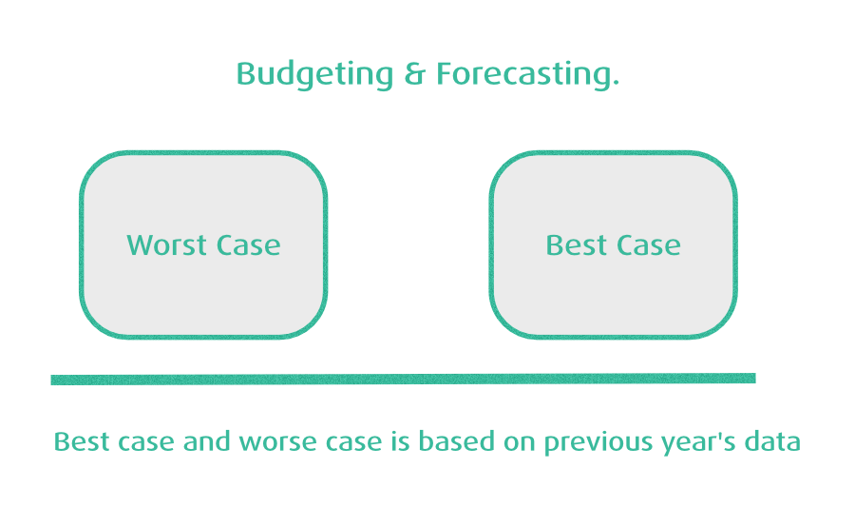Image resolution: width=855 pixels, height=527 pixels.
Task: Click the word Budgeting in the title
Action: point(314,75)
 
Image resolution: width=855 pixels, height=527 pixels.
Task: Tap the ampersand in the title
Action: point(414,74)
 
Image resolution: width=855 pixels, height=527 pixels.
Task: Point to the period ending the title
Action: point(616,83)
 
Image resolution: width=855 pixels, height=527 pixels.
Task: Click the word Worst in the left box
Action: point(166,245)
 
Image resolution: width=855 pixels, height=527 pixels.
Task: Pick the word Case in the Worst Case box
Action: point(249,245)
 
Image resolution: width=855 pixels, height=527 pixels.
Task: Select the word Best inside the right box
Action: point(577,245)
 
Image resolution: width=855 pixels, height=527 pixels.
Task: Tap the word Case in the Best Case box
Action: point(649,245)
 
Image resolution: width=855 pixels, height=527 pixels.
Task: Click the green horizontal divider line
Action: point(403,379)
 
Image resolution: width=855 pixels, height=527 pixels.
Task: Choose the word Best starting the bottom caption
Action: point(82,441)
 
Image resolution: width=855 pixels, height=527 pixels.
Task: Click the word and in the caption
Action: point(207,441)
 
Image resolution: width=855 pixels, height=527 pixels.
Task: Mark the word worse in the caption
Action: point(278,443)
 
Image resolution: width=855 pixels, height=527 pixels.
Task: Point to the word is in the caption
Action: point(400,441)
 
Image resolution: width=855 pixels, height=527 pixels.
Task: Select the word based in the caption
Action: point(456,441)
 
